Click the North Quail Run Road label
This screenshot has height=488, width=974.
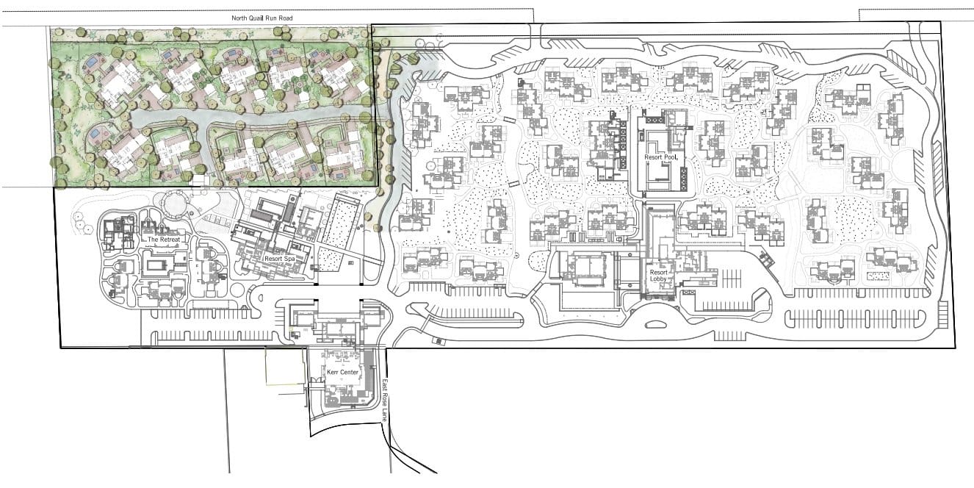click(x=261, y=18)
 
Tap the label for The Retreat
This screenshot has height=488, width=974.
click(x=164, y=240)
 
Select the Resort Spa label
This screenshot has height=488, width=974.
click(x=280, y=259)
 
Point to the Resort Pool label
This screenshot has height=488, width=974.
click(x=661, y=157)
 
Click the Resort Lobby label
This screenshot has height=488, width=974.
click(x=658, y=276)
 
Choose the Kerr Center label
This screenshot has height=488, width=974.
click(x=342, y=373)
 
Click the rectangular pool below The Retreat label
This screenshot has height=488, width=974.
click(x=159, y=265)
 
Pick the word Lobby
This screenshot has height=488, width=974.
click(x=658, y=279)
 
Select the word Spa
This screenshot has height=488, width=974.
click(x=289, y=259)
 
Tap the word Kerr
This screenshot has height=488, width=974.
click(x=333, y=373)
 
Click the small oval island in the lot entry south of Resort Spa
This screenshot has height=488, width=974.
click(x=261, y=298)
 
